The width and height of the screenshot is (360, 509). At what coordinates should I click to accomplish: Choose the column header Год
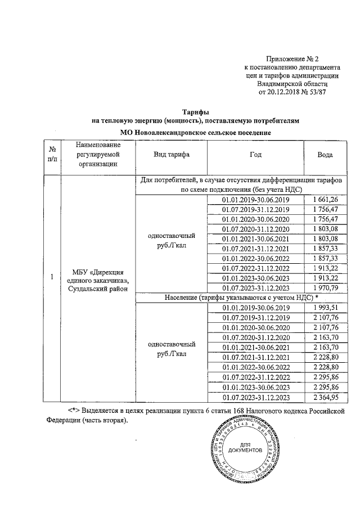click(x=255, y=155)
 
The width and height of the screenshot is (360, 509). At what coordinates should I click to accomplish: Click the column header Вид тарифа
click(x=172, y=155)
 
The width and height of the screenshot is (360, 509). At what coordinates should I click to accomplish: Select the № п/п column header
click(x=52, y=155)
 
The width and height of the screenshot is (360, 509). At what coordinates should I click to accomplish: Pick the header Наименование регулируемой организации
click(x=98, y=155)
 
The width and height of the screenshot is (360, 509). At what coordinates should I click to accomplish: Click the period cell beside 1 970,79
click(x=255, y=288)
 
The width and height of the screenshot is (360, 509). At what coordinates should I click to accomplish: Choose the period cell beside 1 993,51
click(x=255, y=308)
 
